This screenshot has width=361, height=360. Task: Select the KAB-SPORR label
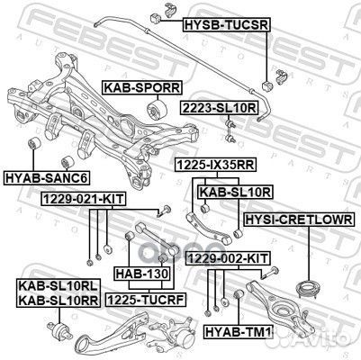(x=142, y=86)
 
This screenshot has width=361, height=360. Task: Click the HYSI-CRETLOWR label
(x=298, y=218)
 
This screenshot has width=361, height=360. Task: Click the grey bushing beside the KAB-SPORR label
(x=155, y=110)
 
